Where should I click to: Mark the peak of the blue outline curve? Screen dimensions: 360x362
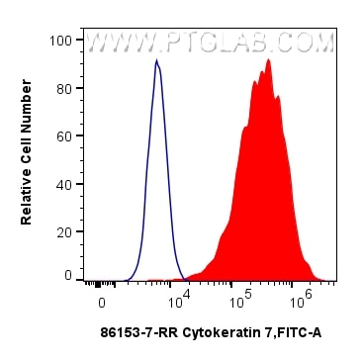point(156,61)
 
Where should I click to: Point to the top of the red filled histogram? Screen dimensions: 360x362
point(268,59)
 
